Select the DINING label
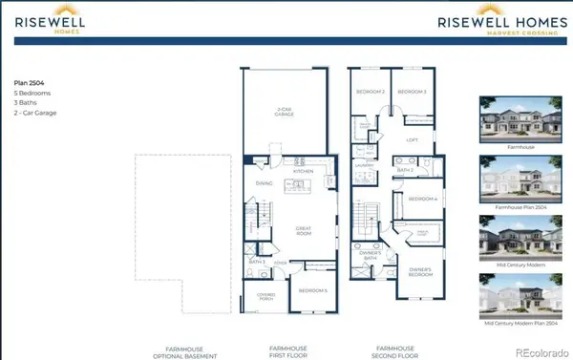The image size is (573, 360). click(x=265, y=183)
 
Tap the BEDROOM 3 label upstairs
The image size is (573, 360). click(x=411, y=92)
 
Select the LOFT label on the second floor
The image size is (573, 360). click(x=412, y=139)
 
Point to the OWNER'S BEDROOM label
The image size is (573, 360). click(x=421, y=271)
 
